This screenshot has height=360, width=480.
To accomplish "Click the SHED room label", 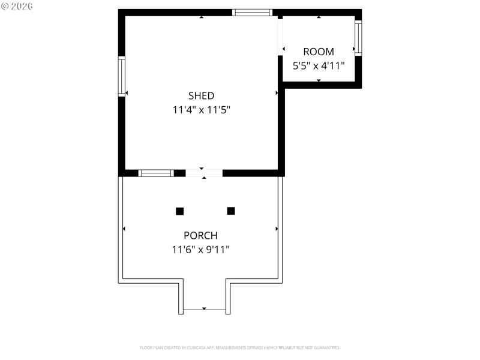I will (x=201, y=95).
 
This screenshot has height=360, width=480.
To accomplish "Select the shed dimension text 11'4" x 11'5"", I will (x=201, y=110).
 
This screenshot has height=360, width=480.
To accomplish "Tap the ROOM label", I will (x=318, y=52).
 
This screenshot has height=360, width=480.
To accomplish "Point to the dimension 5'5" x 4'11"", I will (x=318, y=66).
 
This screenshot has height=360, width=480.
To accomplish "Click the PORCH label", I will (x=200, y=235).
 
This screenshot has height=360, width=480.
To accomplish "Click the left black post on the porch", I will (x=179, y=211).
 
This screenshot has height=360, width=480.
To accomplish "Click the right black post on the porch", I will (x=231, y=211).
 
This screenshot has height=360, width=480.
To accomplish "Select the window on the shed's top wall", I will (x=253, y=12).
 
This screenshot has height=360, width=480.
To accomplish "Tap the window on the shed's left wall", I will (x=122, y=76).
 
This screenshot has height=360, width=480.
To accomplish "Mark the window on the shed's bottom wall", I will (x=156, y=173).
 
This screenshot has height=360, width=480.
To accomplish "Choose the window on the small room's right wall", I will (x=358, y=38).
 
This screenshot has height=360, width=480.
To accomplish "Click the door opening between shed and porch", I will (x=204, y=173).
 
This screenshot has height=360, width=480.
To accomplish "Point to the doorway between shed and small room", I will (x=280, y=37).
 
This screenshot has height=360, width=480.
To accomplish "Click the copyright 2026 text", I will (x=17, y=5).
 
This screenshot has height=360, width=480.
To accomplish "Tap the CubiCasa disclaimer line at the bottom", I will (x=240, y=347).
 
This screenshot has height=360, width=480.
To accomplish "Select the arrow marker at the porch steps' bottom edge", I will (x=204, y=308).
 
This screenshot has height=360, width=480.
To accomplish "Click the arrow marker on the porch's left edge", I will (x=124, y=229).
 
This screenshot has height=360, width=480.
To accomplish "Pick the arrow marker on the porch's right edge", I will (x=277, y=229).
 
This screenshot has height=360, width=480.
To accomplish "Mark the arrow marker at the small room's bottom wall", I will (x=319, y=80).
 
